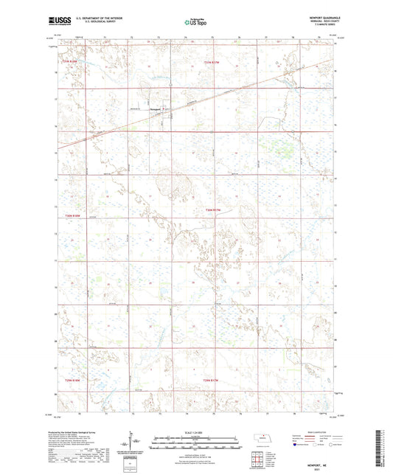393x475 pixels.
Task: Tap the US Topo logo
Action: click(195, 23)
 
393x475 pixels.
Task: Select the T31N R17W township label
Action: click(212, 62)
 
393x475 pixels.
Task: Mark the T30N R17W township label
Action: click(212, 212)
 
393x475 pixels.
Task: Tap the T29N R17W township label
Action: click(212, 380)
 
